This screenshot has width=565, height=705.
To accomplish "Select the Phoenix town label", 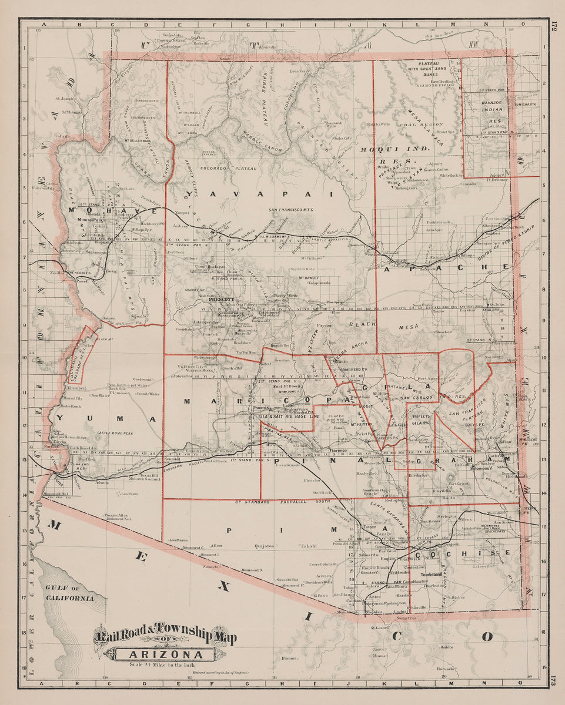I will click(x=261, y=407).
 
